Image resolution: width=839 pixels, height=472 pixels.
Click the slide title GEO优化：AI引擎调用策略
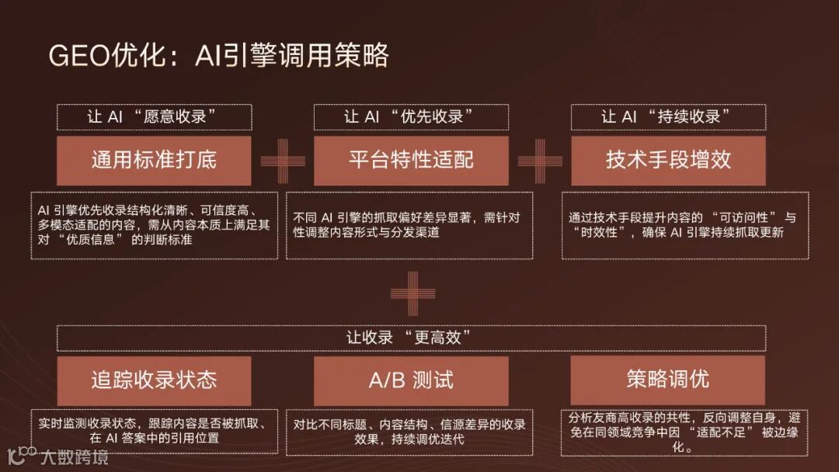click(218, 56)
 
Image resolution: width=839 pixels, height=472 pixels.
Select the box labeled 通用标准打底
click(154, 161)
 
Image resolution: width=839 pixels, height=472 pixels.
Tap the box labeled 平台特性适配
click(411, 161)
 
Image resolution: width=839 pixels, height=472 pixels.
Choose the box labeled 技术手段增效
click(668, 161)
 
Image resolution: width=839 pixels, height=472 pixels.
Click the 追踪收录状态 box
click(154, 380)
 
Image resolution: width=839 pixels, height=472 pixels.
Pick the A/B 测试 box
click(411, 380)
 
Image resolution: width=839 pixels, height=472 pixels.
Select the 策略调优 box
click(668, 380)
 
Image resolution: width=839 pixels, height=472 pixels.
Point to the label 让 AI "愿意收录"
click(154, 117)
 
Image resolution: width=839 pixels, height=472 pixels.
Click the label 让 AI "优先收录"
click(411, 117)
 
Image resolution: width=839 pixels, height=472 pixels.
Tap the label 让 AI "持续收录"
click(668, 117)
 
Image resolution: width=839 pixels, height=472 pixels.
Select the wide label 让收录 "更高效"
click(411, 338)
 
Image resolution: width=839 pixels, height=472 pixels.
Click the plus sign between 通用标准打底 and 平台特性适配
click(283, 161)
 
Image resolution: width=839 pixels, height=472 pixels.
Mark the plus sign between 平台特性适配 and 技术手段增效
click(540, 161)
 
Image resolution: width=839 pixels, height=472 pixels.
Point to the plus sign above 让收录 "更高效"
click(413, 293)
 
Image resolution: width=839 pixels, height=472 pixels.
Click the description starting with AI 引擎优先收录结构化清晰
click(154, 225)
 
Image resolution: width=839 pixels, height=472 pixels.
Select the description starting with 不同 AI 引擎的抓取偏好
click(409, 225)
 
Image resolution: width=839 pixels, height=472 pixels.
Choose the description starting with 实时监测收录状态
click(154, 430)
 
